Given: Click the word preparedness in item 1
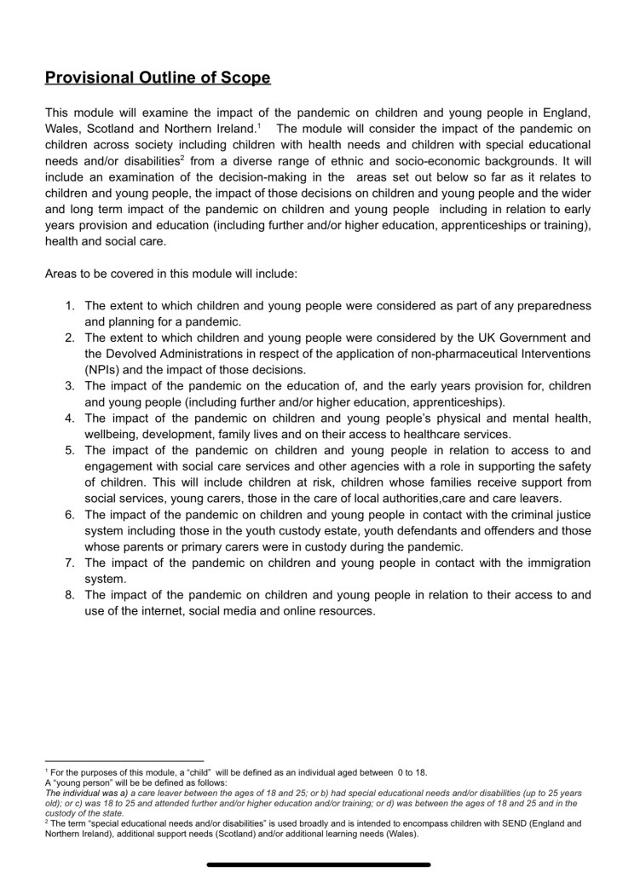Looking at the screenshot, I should tap(554, 306).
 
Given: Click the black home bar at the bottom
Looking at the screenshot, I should tap(319, 864).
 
